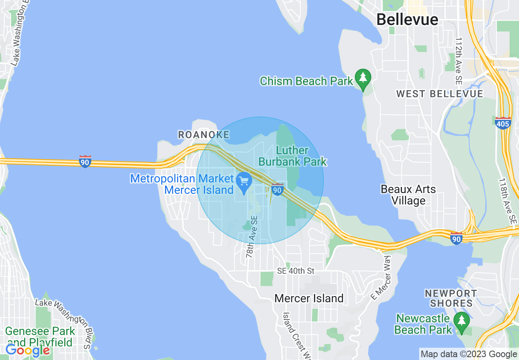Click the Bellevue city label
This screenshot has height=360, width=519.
[x=407, y=19]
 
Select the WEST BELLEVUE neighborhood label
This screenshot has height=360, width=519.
[x=440, y=94]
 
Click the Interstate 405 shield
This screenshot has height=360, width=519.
[x=503, y=123]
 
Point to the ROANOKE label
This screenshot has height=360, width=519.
[x=203, y=135]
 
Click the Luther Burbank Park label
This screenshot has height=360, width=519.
[x=293, y=156]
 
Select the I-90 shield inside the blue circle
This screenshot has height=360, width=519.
[x=278, y=189]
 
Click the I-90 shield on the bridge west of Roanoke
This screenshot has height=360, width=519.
[x=85, y=161]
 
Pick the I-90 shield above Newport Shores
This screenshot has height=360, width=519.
[x=456, y=238]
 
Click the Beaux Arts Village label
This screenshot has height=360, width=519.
[x=408, y=195]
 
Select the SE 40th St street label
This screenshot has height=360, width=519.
[x=296, y=271]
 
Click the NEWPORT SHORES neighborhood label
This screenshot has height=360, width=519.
[x=451, y=298]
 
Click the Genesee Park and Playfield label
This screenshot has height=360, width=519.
[x=40, y=336]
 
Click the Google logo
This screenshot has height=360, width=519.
[x=27, y=350]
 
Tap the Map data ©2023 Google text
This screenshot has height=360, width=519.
[x=469, y=354]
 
